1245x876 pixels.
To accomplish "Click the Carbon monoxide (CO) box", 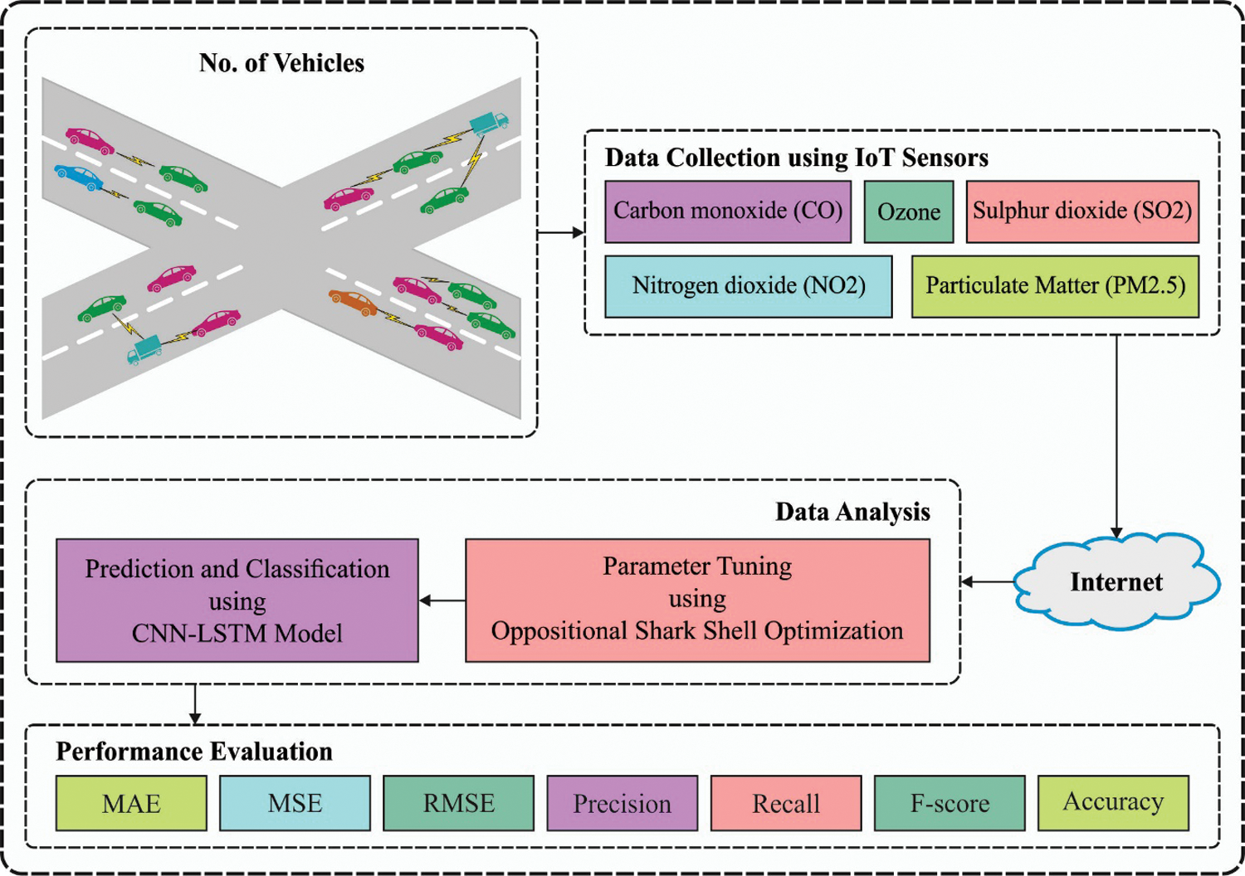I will (728, 212).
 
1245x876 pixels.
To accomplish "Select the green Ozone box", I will (908, 212).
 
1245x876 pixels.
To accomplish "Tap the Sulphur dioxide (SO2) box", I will (1082, 212).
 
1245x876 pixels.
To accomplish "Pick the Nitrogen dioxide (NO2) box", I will (748, 286).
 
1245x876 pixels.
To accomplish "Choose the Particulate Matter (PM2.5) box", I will (1055, 286).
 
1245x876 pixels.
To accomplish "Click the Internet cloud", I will (1116, 582).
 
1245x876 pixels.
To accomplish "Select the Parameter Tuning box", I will (697, 600).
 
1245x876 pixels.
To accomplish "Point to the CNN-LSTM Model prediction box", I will (237, 600).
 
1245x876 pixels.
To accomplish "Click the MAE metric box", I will (131, 803).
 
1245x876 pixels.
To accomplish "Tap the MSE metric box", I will (295, 803).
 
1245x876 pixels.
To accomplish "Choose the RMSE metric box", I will (458, 803).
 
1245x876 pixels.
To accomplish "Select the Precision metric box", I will (622, 803).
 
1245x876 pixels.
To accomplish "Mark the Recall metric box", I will (785, 803).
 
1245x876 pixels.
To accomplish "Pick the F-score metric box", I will (950, 803).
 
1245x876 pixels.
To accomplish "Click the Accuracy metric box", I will (1113, 803).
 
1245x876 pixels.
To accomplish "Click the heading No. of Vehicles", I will (281, 63).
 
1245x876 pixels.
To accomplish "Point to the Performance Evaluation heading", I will (194, 752).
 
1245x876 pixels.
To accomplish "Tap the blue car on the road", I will (78, 176).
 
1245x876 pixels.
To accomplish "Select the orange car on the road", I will (353, 302).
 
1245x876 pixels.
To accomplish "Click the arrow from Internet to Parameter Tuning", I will (988, 582).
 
